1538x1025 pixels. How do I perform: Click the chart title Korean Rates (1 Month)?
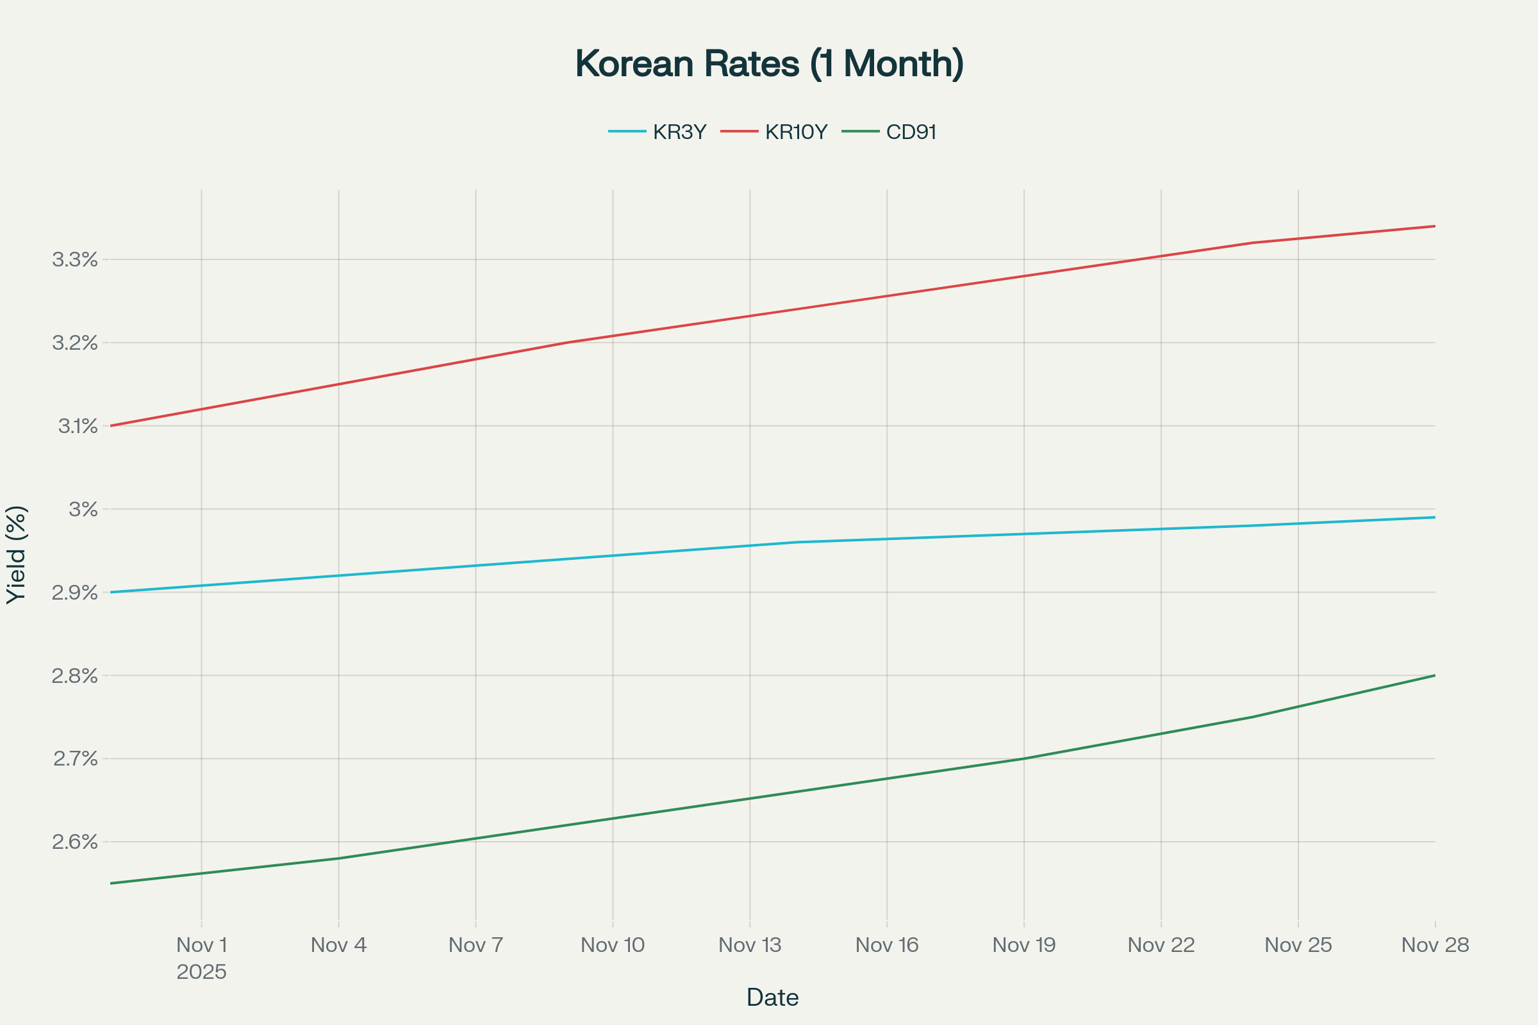pyautogui.click(x=769, y=64)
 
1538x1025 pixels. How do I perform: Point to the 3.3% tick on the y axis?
pyautogui.click(x=74, y=259)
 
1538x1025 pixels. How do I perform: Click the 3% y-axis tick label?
pyautogui.click(x=83, y=509)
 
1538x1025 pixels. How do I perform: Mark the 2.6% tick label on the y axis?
pyautogui.click(x=74, y=841)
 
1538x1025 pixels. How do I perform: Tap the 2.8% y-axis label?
pyautogui.click(x=74, y=675)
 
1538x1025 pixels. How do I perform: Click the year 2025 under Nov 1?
pyautogui.click(x=201, y=972)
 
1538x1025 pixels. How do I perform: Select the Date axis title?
pyautogui.click(x=772, y=997)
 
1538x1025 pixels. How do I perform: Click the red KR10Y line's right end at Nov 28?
pyautogui.click(x=1435, y=226)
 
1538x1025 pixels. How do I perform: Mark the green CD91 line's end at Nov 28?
pyautogui.click(x=1435, y=675)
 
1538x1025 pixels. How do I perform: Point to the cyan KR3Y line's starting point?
pyautogui.click(x=110, y=592)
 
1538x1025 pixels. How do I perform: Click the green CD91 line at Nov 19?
pyautogui.click(x=1024, y=758)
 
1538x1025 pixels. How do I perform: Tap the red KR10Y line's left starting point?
pyautogui.click(x=110, y=425)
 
